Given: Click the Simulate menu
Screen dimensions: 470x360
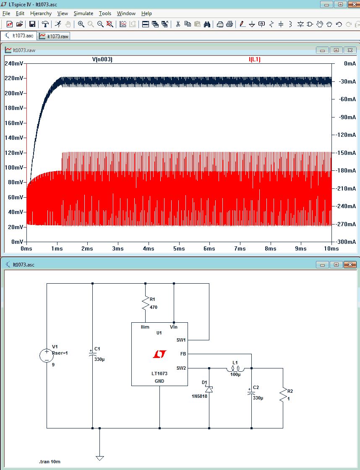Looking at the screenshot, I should click(83, 13).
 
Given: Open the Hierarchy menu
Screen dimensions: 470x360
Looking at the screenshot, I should click(41, 13).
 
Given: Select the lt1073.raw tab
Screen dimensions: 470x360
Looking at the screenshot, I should click(54, 36).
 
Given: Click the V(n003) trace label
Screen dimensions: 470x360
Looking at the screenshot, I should click(102, 60).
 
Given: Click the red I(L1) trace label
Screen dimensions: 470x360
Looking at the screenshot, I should click(255, 60).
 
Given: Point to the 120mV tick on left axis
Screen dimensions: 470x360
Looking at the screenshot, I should click(15, 153).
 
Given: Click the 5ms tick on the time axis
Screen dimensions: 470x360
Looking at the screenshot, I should click(179, 248).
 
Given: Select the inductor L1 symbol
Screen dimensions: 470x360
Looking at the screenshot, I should click(235, 369).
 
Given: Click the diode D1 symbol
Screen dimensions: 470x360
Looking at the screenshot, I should click(209, 389).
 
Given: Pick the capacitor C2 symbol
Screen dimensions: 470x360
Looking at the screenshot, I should click(251, 392).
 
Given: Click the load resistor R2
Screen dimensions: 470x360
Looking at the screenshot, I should click(283, 394).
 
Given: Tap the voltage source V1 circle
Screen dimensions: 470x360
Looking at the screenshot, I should click(46, 356).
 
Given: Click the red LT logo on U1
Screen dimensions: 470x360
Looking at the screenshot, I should click(159, 355).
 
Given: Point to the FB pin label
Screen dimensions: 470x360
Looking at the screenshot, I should click(183, 354).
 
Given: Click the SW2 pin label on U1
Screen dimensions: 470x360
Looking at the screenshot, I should click(181, 368).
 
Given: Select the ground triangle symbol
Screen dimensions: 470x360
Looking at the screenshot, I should click(99, 458).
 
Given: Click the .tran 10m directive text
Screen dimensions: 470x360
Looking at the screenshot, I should click(50, 462).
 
